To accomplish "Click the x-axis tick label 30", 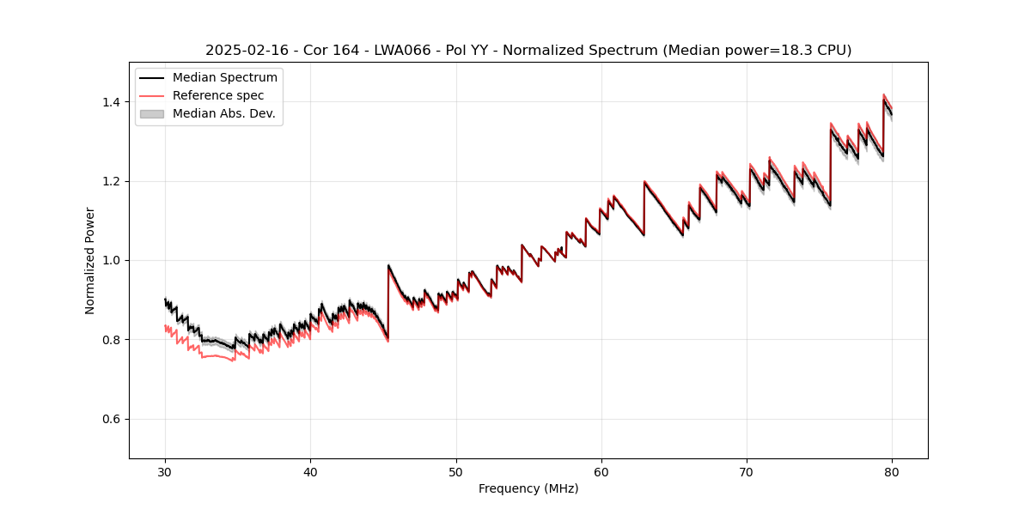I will (x=165, y=471).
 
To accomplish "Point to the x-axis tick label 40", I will (x=310, y=471).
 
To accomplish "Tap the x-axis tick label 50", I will (x=456, y=471).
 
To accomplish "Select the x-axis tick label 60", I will (x=601, y=471).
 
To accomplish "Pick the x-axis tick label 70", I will (x=747, y=471).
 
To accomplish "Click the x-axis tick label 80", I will (x=892, y=471).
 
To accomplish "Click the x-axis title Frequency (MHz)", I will (x=528, y=488).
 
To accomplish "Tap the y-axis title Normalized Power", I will (x=90, y=260).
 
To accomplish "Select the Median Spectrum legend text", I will (x=224, y=78).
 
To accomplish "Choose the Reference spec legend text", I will (x=218, y=95).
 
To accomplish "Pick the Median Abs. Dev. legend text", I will (x=223, y=113).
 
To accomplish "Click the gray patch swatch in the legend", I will (x=152, y=113).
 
